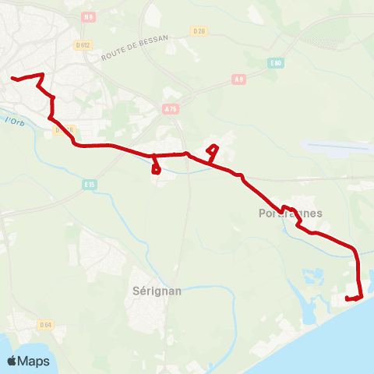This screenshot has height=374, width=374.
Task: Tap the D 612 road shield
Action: pyautogui.click(x=83, y=46)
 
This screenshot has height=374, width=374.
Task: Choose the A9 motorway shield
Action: pyautogui.click(x=239, y=79)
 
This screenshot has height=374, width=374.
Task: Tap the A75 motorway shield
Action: pyautogui.click(x=171, y=110)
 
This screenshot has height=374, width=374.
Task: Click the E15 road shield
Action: pyautogui.click(x=89, y=184)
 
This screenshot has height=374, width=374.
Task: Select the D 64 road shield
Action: pyautogui.click(x=44, y=324)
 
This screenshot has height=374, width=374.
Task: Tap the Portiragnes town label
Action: pyautogui.click(x=289, y=213)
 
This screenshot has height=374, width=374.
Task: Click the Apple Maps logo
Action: pyautogui.click(x=28, y=361)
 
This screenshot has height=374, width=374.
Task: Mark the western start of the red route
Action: pyautogui.click(x=12, y=78)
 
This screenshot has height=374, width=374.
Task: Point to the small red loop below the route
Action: pyautogui.click(x=157, y=168)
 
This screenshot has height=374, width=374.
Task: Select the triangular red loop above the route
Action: pyautogui.click(x=212, y=150)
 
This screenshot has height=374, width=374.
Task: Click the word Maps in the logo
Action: pyautogui.click(x=34, y=361)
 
